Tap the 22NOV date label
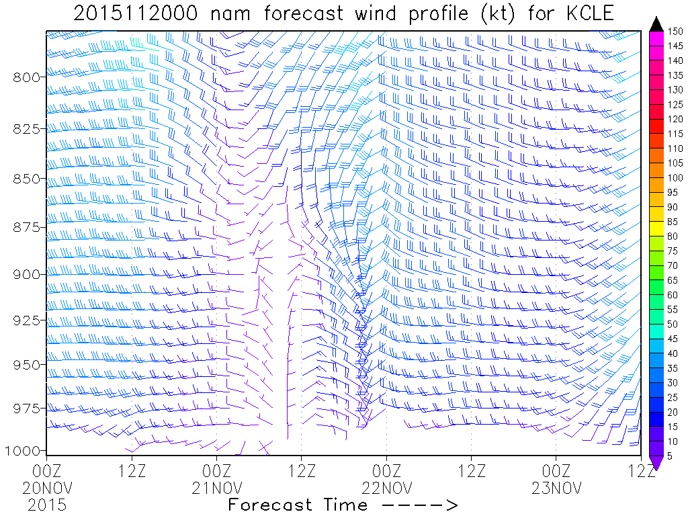point(386,487)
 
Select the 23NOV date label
point(556,487)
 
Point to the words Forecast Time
point(298,505)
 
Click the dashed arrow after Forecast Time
point(418,505)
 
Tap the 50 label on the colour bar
point(674,324)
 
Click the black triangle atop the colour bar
point(658,24)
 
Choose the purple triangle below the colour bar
point(658,462)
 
